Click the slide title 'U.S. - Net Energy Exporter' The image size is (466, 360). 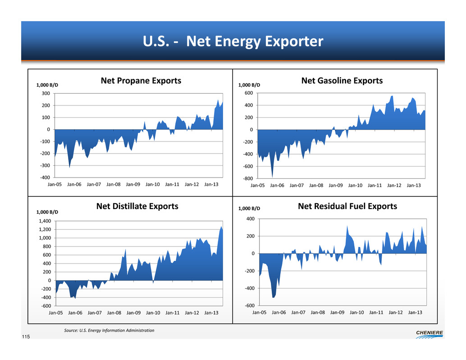(x=233, y=42)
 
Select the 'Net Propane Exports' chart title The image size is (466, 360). (x=141, y=81)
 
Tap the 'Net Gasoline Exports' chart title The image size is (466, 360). (x=342, y=81)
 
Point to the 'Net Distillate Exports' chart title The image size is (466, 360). (x=137, y=207)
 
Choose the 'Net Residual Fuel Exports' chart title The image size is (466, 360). (x=347, y=207)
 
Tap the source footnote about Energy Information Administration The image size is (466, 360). (x=110, y=331)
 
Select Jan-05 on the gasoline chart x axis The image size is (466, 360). (x=258, y=185)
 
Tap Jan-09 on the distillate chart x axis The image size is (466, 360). (x=134, y=312)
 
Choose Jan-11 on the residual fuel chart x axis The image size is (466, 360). (x=376, y=312)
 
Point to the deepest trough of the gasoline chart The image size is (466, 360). (x=272, y=177)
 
